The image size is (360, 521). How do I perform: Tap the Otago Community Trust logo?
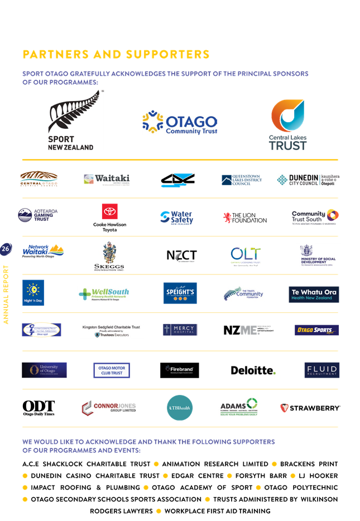pyautogui.click(x=180, y=123)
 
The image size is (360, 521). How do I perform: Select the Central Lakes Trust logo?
pyautogui.click(x=288, y=125)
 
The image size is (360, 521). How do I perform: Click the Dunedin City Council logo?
pyautogui.click(x=308, y=180)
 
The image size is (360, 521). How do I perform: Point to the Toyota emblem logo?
pyautogui.click(x=109, y=211)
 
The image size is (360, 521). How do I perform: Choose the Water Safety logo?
pyautogui.click(x=176, y=217)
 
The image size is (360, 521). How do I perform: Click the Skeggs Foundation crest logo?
pyautogui.click(x=109, y=256)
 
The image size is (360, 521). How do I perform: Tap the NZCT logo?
pyautogui.click(x=181, y=255)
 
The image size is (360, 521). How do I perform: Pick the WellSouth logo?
pyautogui.click(x=104, y=293)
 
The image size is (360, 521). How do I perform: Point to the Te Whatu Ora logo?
pyautogui.click(x=314, y=294)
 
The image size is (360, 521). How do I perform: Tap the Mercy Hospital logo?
pyautogui.click(x=180, y=330)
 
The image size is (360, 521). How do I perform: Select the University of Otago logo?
pyautogui.click(x=44, y=370)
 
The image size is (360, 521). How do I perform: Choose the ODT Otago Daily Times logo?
pyautogui.click(x=39, y=408)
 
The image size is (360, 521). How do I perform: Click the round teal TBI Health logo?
pyautogui.click(x=180, y=407)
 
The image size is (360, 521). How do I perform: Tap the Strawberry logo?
pyautogui.click(x=310, y=408)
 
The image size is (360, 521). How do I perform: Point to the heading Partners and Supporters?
pyautogui.click(x=116, y=54)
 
